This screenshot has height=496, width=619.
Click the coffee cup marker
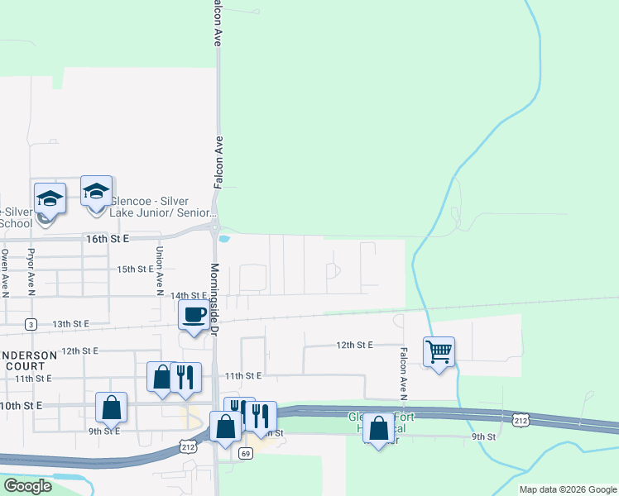(x=194, y=316)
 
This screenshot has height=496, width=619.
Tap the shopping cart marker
(x=439, y=352)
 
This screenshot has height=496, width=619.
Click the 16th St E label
(x=109, y=238)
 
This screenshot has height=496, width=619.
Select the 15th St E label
(x=135, y=269)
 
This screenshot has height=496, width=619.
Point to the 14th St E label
(x=188, y=295)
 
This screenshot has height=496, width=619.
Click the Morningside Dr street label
(x=214, y=298)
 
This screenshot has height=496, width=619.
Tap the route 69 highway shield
(x=246, y=453)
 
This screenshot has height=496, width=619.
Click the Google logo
(x=26, y=486)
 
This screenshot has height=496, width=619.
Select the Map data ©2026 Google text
(x=567, y=489)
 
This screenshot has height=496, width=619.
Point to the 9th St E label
(x=105, y=431)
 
